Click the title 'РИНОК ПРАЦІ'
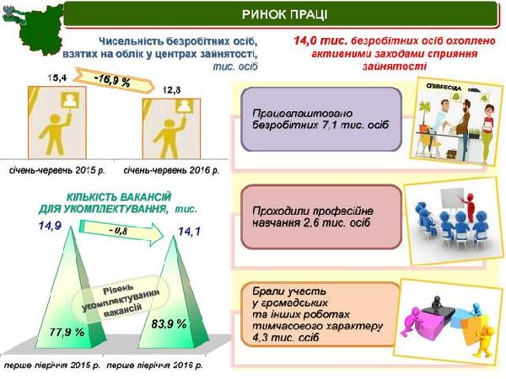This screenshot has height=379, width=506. coord(284,14)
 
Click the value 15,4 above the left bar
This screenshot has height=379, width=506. coord(57,77)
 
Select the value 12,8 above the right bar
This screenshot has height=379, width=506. coord(171,90)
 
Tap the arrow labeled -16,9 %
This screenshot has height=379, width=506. coord(115,81)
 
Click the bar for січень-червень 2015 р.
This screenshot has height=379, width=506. coord(57,122)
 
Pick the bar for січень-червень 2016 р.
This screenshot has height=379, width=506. coord(171,129)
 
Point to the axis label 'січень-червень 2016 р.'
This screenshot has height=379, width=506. coord(171,170)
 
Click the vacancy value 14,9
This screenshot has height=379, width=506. coord(50,226)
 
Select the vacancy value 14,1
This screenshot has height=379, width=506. coord(189,231)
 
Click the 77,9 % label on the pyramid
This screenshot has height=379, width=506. coord(67,332)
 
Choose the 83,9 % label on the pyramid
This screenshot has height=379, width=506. coord(169,323)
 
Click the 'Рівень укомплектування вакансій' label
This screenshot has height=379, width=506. coord(121,298)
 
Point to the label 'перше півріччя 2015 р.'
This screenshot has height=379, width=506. coord(52,366)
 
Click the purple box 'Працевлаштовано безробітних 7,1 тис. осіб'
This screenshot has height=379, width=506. coord(321,120)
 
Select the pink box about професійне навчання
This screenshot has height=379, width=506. coord(321,217)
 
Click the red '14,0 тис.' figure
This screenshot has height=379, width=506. coord(320,41)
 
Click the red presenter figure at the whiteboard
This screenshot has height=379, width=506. coord(471,206)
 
